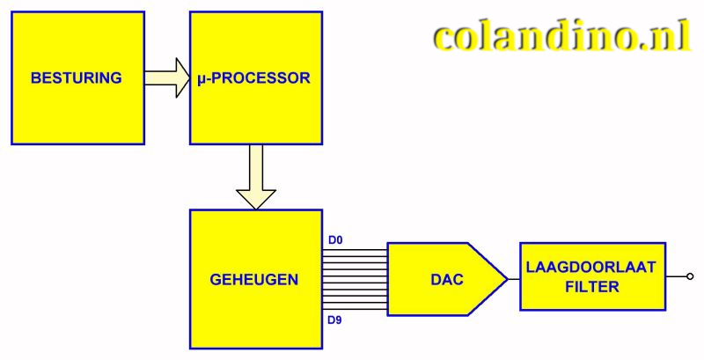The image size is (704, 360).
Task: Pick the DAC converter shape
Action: [x=440, y=304]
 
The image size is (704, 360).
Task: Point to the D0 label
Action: [x=335, y=239]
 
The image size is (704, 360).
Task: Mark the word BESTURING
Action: [x=77, y=77]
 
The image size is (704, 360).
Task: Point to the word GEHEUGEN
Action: [x=254, y=280]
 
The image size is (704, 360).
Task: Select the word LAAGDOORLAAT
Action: [x=591, y=268]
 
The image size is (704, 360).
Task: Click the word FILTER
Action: [x=591, y=286]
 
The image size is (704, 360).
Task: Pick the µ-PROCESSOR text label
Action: [x=253, y=77]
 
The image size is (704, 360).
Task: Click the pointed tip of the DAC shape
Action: [x=506, y=278]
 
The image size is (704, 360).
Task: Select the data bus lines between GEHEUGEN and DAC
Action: [x=355, y=278]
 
